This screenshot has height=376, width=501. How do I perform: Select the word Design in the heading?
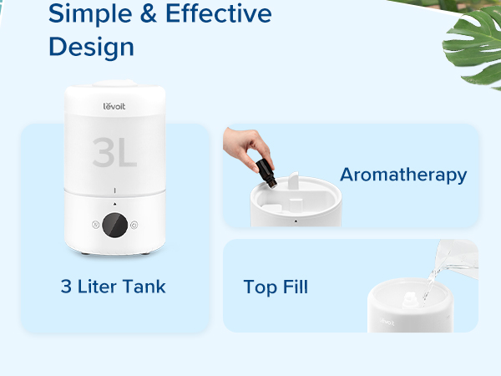point(91,46)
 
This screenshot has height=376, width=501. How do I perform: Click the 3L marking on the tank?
point(114,152)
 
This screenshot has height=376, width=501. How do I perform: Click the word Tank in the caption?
point(145,287)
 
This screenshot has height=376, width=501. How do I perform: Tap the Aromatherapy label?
point(403,175)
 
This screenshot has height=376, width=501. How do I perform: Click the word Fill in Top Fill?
point(292,287)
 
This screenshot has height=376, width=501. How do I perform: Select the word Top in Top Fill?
point(258,287)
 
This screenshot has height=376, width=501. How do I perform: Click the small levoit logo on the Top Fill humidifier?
point(387,318)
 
